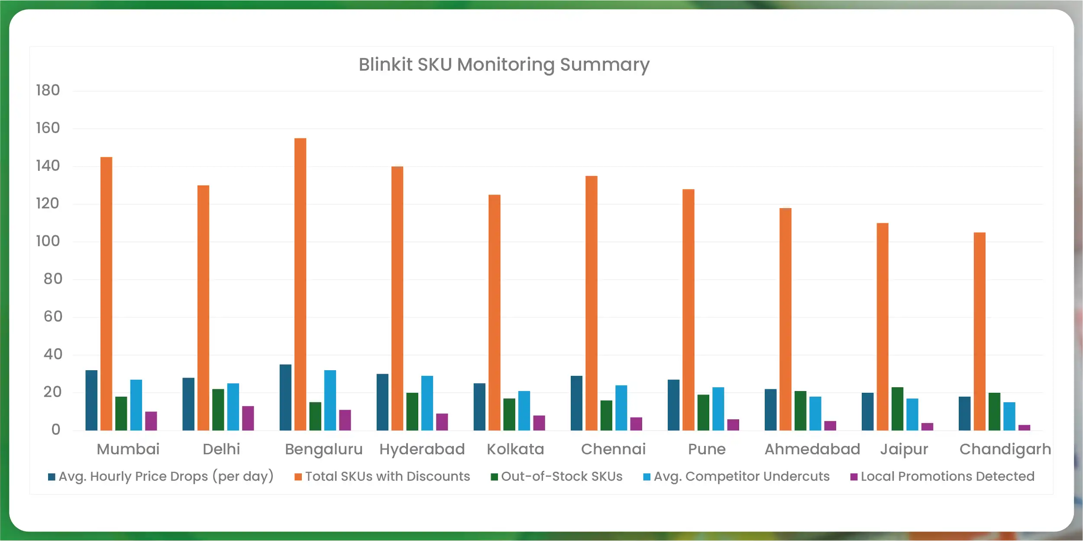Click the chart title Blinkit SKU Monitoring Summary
504,65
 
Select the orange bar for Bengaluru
300,284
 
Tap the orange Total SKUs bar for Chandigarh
980,331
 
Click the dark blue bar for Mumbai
91,400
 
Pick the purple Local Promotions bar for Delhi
248,418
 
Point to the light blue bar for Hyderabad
427,403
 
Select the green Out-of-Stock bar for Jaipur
897,408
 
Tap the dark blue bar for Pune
673,405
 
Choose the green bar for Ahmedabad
800,411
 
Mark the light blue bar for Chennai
621,407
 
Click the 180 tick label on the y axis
48,91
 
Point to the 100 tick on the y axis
48,241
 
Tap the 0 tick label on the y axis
55,430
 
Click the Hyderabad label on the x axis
422,450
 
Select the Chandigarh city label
1005,450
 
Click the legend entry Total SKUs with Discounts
387,476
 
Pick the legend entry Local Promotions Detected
947,476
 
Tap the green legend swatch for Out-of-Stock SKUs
494,477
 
